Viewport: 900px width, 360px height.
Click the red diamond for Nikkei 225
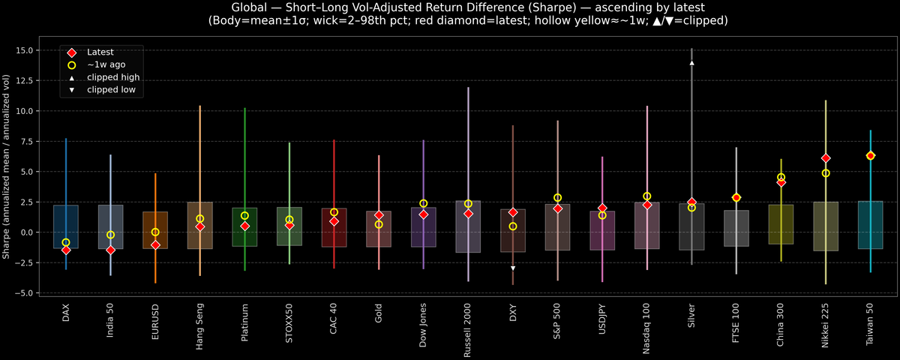(x=826, y=158)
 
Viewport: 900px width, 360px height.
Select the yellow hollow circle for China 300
(x=781, y=177)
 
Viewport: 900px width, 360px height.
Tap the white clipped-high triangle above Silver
(x=691, y=63)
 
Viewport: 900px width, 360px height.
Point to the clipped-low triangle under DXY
(x=513, y=268)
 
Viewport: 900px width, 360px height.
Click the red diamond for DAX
(x=66, y=250)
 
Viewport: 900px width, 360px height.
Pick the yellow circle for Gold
(x=379, y=224)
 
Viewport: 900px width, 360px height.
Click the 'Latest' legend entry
(x=100, y=52)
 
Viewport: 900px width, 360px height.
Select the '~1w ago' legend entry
(x=106, y=65)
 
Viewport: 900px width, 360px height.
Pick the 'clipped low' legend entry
(x=111, y=90)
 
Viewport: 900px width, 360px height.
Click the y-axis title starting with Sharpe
(x=7, y=166)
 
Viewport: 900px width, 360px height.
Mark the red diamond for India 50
(x=111, y=250)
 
